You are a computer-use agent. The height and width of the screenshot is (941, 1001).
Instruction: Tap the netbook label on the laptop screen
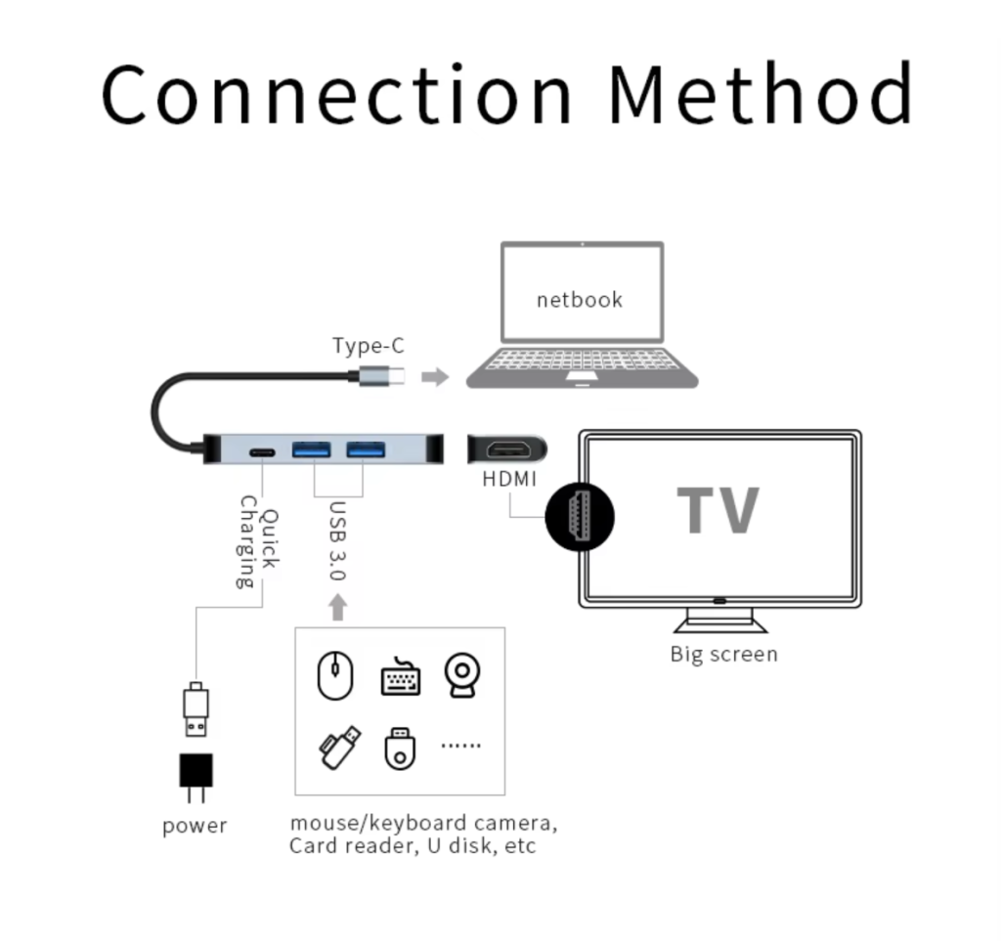click(x=580, y=299)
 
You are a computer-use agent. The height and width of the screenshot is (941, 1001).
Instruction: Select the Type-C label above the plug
click(x=368, y=345)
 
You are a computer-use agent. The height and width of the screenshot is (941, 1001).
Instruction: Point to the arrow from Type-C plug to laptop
click(x=435, y=376)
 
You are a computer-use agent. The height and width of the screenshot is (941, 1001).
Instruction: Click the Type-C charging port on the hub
click(x=262, y=452)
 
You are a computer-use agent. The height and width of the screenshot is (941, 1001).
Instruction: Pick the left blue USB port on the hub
click(x=312, y=450)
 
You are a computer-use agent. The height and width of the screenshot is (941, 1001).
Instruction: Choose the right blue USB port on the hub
click(x=365, y=450)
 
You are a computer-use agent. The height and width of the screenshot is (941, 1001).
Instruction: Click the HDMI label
click(x=510, y=479)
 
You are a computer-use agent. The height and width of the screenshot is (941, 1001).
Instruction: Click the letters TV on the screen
click(x=718, y=509)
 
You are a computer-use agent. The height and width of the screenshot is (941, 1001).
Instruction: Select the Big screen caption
click(x=723, y=654)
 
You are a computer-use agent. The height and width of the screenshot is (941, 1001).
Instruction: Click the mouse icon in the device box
click(x=334, y=674)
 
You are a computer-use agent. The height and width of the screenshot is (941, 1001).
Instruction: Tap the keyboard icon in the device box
click(x=400, y=677)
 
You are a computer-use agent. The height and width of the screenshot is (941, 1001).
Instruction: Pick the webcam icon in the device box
click(x=461, y=675)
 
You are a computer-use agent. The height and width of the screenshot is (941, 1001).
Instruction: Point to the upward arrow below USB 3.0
click(x=338, y=608)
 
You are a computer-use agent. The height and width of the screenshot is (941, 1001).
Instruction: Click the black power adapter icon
click(x=196, y=771)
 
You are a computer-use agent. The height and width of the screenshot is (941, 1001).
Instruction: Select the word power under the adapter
click(x=195, y=826)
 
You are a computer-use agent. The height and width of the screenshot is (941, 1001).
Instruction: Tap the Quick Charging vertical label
click(x=258, y=542)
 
